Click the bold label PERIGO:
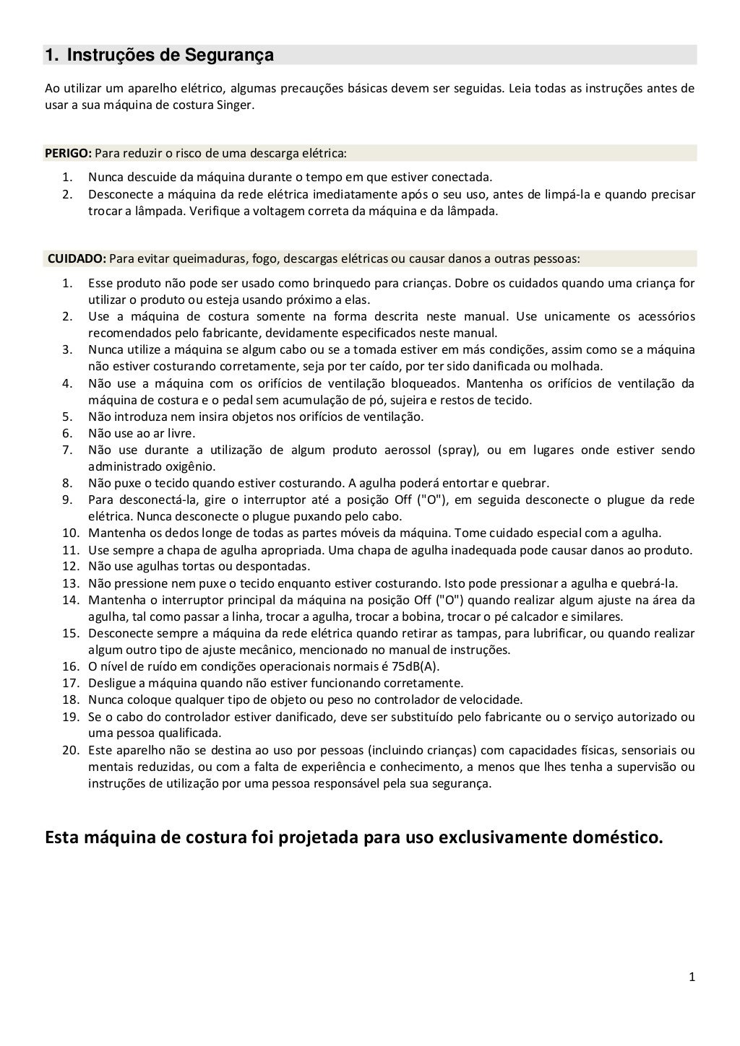[x=68, y=153]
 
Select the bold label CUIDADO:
[x=77, y=258]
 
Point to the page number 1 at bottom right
[x=692, y=977]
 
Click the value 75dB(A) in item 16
[x=415, y=666]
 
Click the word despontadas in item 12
[x=275, y=567]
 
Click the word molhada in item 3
[x=578, y=366]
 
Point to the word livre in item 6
[x=181, y=433]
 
